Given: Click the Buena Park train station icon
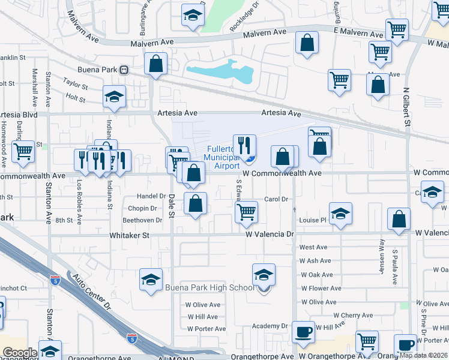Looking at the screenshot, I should pos(124,70).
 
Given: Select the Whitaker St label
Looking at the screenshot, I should pos(129,236).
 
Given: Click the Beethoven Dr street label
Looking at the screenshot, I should pos(143,220).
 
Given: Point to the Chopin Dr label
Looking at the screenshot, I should pos(142,208).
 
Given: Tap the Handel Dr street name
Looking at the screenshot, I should pos(151,196).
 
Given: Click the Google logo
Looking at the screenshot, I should pos(20,353).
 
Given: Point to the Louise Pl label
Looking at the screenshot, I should pos(313,220).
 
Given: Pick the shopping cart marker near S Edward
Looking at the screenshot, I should pos(246,212).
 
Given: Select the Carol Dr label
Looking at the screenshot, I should pos(277,199).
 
